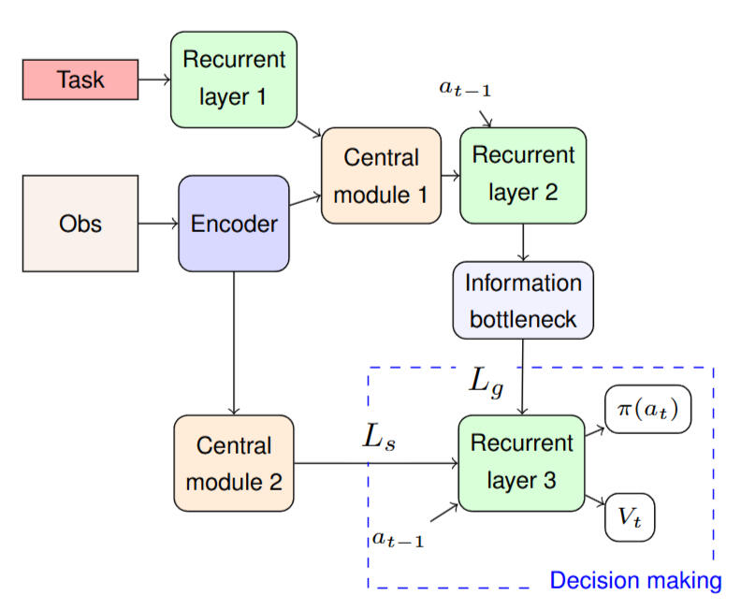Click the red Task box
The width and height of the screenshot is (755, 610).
click(80, 80)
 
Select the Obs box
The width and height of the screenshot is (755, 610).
click(80, 224)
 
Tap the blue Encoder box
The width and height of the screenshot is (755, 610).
click(234, 224)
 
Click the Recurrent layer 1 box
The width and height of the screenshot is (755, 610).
click(234, 80)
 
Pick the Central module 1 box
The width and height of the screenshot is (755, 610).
click(380, 176)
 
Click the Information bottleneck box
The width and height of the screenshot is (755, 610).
click(523, 300)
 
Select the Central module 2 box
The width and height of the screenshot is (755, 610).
click(234, 463)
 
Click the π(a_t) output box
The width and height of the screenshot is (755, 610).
click(647, 410)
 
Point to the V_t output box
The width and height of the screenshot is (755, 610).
click(630, 516)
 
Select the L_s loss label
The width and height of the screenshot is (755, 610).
click(379, 438)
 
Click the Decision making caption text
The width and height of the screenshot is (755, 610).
click(635, 581)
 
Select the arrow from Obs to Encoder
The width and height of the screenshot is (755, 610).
click(158, 224)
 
